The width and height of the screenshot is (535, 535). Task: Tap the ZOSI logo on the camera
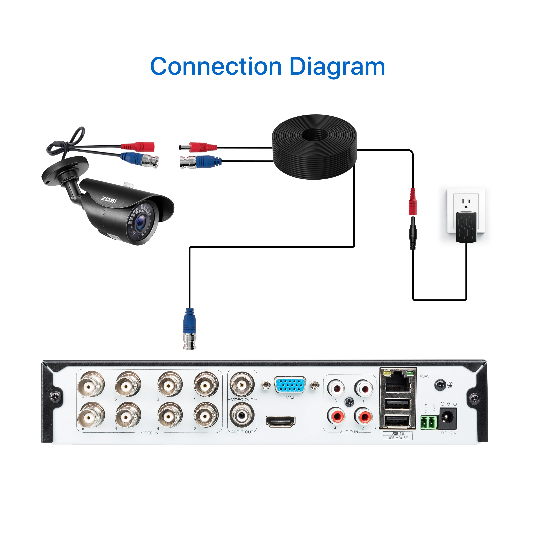pos(109,199)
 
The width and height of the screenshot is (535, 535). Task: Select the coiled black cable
pos(315,147)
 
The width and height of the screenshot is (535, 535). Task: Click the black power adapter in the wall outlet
pos(466,227)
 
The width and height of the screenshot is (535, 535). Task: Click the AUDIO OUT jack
pos(242,415)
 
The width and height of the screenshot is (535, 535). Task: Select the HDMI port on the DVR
pos(281,421)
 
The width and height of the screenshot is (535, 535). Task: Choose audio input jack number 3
pos(336,389)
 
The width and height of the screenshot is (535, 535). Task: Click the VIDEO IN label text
pos(150,433)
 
